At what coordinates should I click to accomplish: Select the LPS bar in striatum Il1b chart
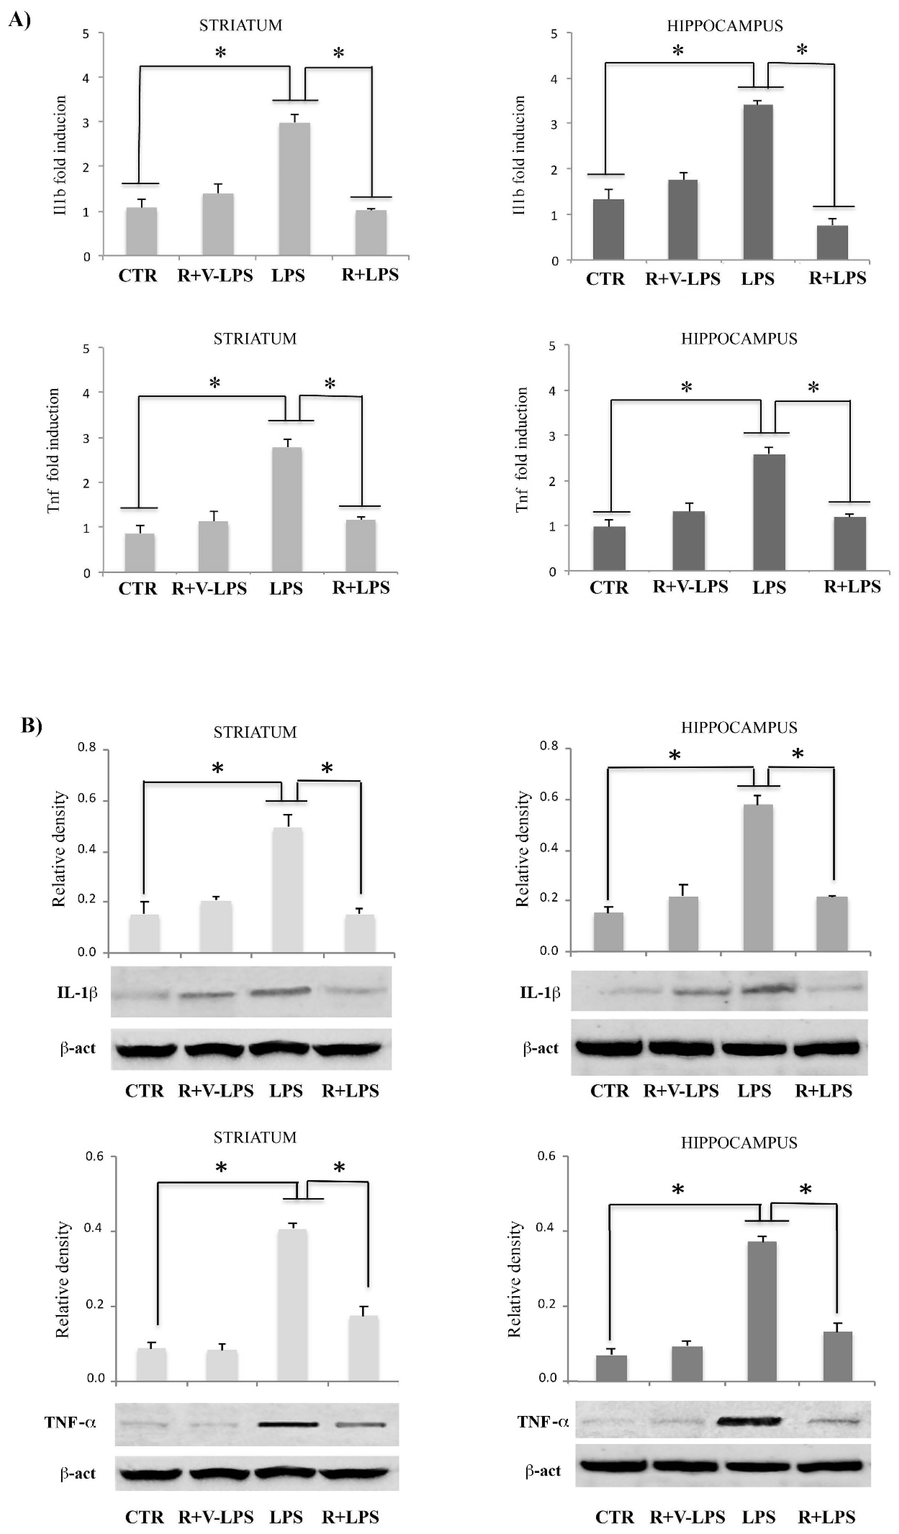pos(294,189)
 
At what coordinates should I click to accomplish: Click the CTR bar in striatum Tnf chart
pos(140,553)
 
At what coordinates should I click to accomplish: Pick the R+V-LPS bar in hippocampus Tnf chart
pos(688,541)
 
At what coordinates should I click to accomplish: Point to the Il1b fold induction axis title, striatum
pos(60,155)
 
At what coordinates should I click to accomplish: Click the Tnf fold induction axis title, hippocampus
pos(521,449)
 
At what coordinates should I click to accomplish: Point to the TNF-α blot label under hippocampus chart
pos(543,1421)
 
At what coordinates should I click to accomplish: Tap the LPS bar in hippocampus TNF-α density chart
pos(761,1311)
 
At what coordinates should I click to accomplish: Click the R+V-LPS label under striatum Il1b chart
pos(215,275)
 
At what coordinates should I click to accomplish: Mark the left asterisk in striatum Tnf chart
pos(214,384)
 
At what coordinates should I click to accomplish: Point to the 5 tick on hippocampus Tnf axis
pos(552,346)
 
